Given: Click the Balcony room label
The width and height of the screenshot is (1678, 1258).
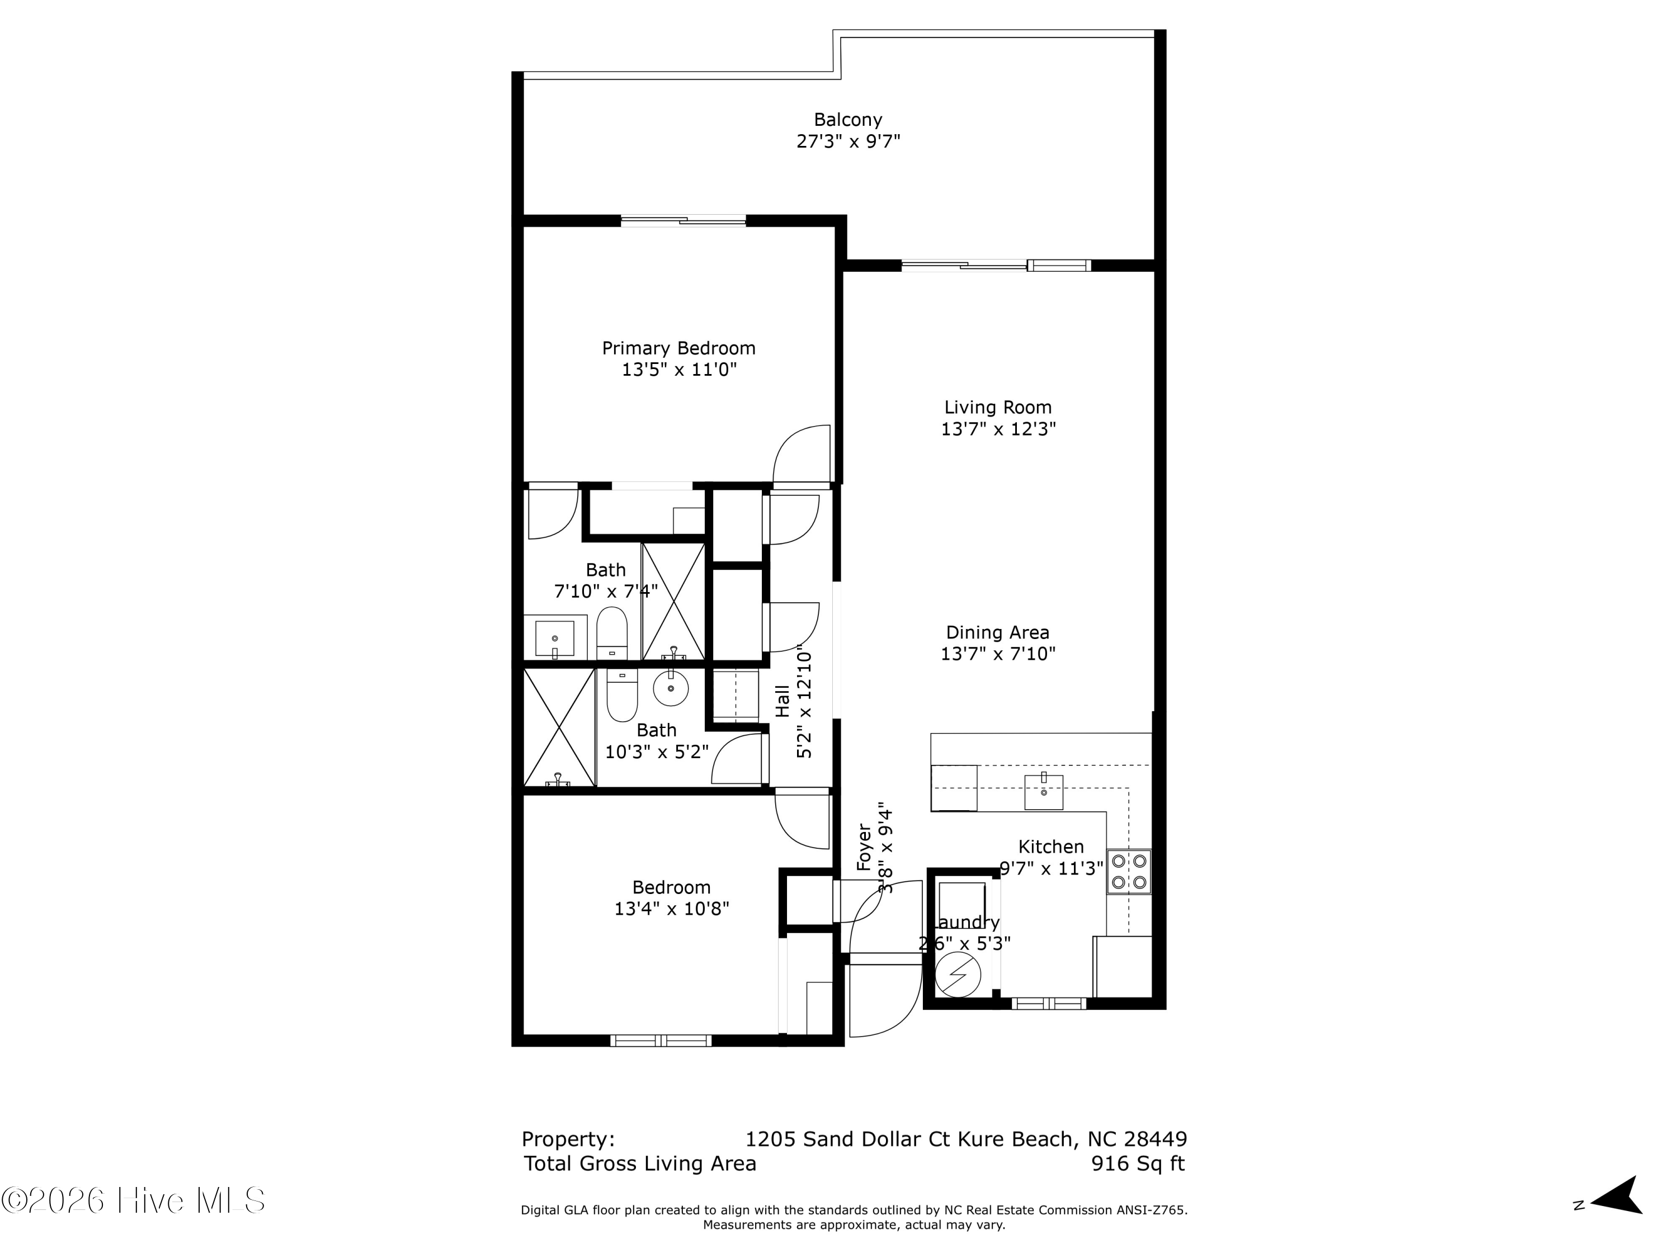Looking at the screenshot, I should coord(847,120).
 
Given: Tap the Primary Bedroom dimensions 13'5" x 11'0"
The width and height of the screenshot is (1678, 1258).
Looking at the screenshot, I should coord(679,370).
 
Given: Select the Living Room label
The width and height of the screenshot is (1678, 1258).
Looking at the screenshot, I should coord(997,407).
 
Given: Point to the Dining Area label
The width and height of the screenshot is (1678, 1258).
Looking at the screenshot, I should coord(997,632).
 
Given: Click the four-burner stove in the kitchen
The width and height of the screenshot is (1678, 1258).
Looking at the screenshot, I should coord(1128,871).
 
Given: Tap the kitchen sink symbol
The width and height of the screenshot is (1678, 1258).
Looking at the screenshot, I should coord(1043,792).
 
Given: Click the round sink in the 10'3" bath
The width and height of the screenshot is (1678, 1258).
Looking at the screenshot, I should coord(671,688).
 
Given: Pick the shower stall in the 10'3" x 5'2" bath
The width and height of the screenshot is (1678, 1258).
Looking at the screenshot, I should coord(559,726).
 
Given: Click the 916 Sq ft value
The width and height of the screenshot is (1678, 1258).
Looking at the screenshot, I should coord(1137,1163).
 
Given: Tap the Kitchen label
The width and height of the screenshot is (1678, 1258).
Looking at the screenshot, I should coord(1050,846).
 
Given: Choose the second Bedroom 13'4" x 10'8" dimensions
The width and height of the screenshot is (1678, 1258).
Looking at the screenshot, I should coord(671,909).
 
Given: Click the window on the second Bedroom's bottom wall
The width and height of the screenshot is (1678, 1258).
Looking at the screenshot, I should coord(661,1041).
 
